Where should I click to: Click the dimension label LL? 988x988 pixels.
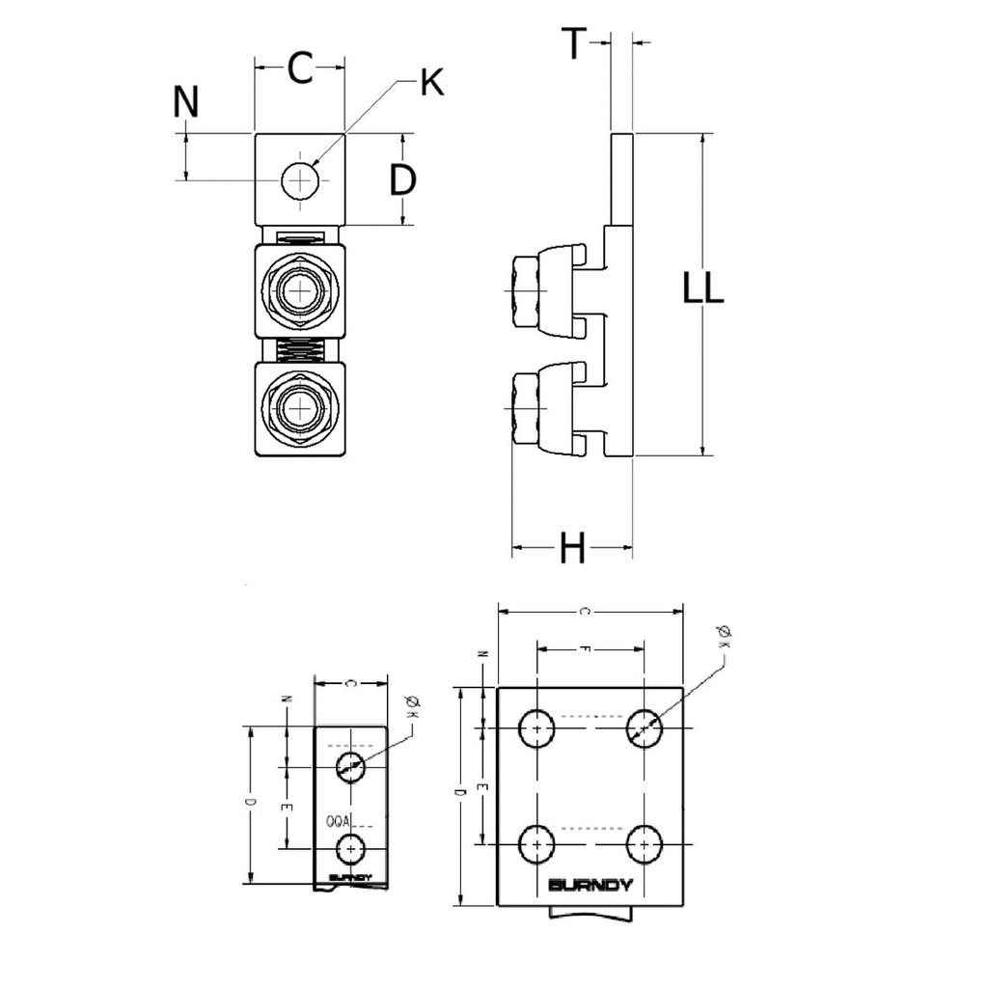703,288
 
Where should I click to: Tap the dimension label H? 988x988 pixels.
573,549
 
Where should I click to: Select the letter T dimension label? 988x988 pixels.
574,43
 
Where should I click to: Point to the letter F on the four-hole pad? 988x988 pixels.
584,649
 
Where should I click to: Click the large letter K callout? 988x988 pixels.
431,84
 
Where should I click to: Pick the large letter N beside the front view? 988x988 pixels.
185,101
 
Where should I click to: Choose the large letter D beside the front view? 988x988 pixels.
402,179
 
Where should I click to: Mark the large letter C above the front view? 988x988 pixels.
300,68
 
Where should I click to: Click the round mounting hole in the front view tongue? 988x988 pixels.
300,180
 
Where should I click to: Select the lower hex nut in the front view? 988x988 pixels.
300,407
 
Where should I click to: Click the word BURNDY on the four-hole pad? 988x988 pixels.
590,886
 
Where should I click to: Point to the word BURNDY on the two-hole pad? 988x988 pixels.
349,877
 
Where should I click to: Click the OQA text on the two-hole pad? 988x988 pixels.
338,822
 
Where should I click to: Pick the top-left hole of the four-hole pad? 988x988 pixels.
536,727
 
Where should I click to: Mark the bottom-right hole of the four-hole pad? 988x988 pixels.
643,845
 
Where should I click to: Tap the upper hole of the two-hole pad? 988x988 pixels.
350,767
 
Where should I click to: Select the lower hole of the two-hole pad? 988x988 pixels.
350,848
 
